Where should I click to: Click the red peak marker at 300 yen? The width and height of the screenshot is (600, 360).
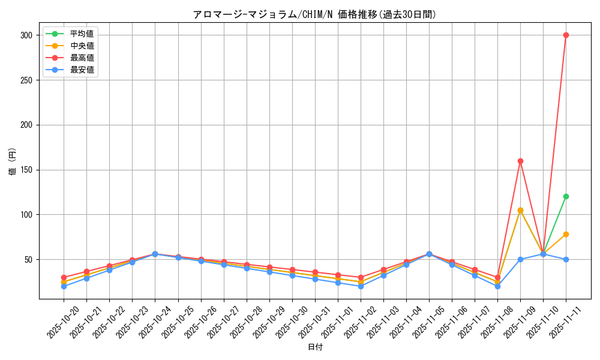click(566, 35)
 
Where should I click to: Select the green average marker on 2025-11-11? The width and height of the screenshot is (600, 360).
click(566, 196)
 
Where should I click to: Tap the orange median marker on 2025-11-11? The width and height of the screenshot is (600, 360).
click(566, 234)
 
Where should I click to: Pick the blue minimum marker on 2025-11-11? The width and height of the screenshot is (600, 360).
click(566, 259)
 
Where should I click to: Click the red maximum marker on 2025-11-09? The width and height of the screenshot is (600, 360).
click(520, 161)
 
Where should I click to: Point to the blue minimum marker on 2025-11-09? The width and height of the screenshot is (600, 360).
click(520, 259)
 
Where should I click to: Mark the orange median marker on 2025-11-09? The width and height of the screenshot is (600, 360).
click(520, 210)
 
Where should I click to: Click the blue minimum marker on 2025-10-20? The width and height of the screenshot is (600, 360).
click(64, 286)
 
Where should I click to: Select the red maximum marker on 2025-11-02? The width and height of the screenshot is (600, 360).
click(361, 277)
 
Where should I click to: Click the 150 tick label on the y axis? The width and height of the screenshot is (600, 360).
click(26, 170)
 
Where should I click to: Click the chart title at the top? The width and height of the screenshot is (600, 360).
click(314, 14)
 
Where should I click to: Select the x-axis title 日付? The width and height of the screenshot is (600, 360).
click(315, 347)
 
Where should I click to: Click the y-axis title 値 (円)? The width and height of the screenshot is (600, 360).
click(12, 162)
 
